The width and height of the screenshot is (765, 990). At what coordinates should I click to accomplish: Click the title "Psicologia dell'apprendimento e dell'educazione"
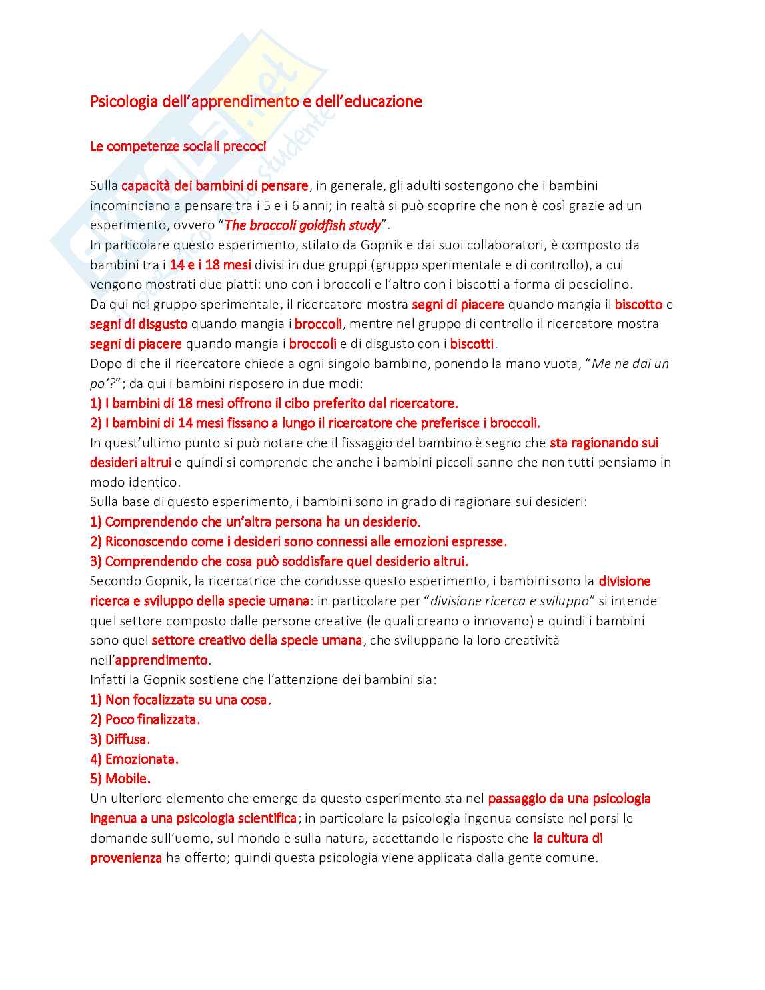256,101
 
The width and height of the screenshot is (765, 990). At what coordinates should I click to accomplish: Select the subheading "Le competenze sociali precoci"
178,147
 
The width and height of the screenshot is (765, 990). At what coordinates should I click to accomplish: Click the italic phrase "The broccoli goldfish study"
303,225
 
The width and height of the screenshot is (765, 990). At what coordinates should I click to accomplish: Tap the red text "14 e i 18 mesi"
210,265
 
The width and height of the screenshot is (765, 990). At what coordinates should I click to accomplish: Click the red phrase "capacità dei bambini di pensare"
215,186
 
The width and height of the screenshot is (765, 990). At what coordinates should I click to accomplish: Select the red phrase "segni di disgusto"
139,324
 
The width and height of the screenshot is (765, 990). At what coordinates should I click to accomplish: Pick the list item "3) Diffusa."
120,739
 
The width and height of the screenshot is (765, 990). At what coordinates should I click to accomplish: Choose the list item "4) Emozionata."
134,759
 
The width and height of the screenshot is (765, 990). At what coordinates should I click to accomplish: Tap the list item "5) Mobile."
120,779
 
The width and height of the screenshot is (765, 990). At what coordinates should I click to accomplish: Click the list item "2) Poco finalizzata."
145,720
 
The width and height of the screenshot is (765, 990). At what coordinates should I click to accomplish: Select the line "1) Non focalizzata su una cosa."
180,700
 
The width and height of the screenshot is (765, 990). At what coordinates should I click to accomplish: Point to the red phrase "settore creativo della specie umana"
257,641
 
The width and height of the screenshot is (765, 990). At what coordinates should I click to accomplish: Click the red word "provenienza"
126,858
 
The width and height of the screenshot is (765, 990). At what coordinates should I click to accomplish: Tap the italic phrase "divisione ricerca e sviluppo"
510,601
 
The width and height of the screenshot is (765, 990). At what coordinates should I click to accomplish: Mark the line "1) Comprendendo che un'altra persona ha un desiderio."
255,522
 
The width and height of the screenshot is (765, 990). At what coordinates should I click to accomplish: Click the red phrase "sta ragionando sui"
604,443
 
